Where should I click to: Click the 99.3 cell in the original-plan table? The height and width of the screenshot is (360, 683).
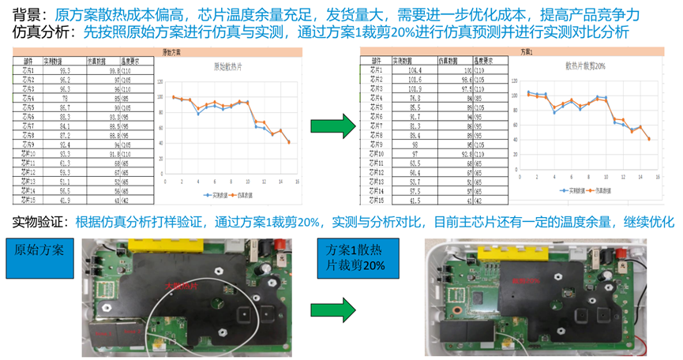click(x=65, y=70)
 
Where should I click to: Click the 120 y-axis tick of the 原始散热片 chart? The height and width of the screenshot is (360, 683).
click(x=160, y=81)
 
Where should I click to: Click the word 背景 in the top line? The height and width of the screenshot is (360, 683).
click(x=29, y=15)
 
